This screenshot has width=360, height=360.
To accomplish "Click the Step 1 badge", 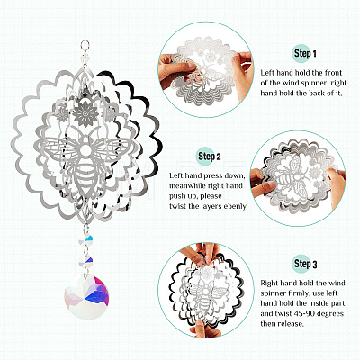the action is (303, 54).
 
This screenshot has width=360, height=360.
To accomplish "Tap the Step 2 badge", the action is (208, 156).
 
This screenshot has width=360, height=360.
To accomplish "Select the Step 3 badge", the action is (304, 264).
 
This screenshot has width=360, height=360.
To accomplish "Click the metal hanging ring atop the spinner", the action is (85, 45).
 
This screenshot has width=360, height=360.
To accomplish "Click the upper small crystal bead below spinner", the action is (85, 239).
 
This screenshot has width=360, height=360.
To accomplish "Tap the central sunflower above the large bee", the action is (85, 113).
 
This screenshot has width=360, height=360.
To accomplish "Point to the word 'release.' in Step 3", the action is (291, 324).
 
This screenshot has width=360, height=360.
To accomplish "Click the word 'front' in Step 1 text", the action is (332, 73).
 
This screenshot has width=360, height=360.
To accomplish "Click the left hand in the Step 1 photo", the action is (175, 70).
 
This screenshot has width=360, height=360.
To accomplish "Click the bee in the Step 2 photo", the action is (295, 177).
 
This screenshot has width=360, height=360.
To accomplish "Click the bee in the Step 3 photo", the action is (206, 295).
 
